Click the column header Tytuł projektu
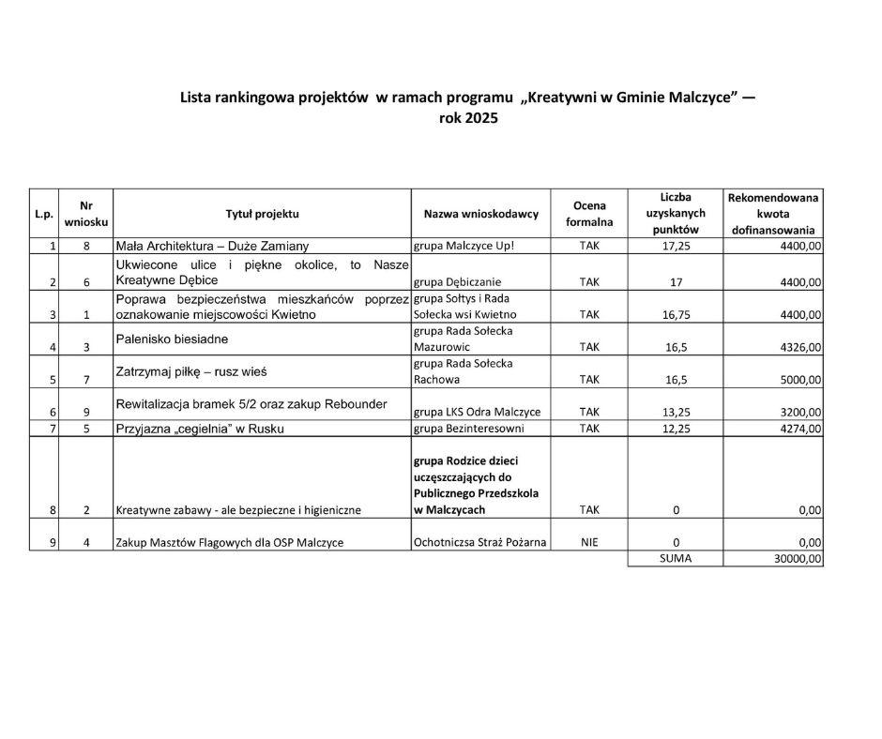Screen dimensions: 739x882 pyautogui.click(x=262, y=214)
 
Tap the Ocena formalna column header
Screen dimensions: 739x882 pyautogui.click(x=589, y=214)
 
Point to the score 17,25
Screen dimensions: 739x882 pyautogui.click(x=676, y=246)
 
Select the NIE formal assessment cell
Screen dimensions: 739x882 pyautogui.click(x=589, y=542)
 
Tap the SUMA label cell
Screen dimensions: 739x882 pyautogui.click(x=676, y=558)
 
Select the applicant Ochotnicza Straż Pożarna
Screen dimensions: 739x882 pyautogui.click(x=480, y=542)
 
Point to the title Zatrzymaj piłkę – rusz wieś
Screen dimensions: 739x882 pyautogui.click(x=190, y=371)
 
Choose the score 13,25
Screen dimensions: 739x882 pyautogui.click(x=676, y=413)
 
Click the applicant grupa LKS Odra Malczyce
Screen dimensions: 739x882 pyautogui.click(x=477, y=413)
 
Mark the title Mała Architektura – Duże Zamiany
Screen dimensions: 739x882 pyautogui.click(x=211, y=246)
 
